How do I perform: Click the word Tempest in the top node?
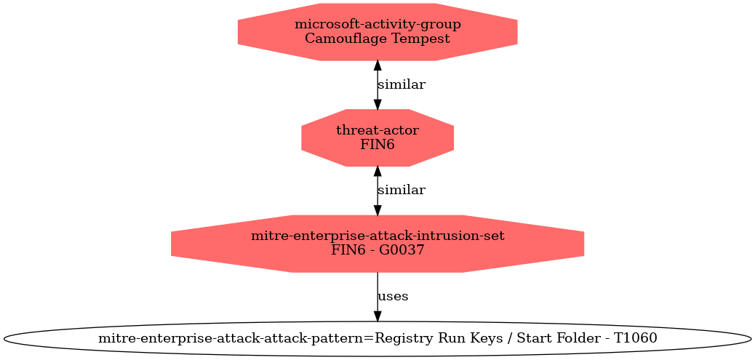click(x=421, y=39)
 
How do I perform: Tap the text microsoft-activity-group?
click(x=377, y=25)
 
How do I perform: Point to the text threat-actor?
click(x=377, y=130)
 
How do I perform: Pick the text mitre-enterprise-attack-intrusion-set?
click(x=377, y=236)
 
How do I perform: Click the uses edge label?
click(x=393, y=297)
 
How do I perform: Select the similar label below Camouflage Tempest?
click(x=401, y=84)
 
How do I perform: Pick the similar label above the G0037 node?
click(x=401, y=190)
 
